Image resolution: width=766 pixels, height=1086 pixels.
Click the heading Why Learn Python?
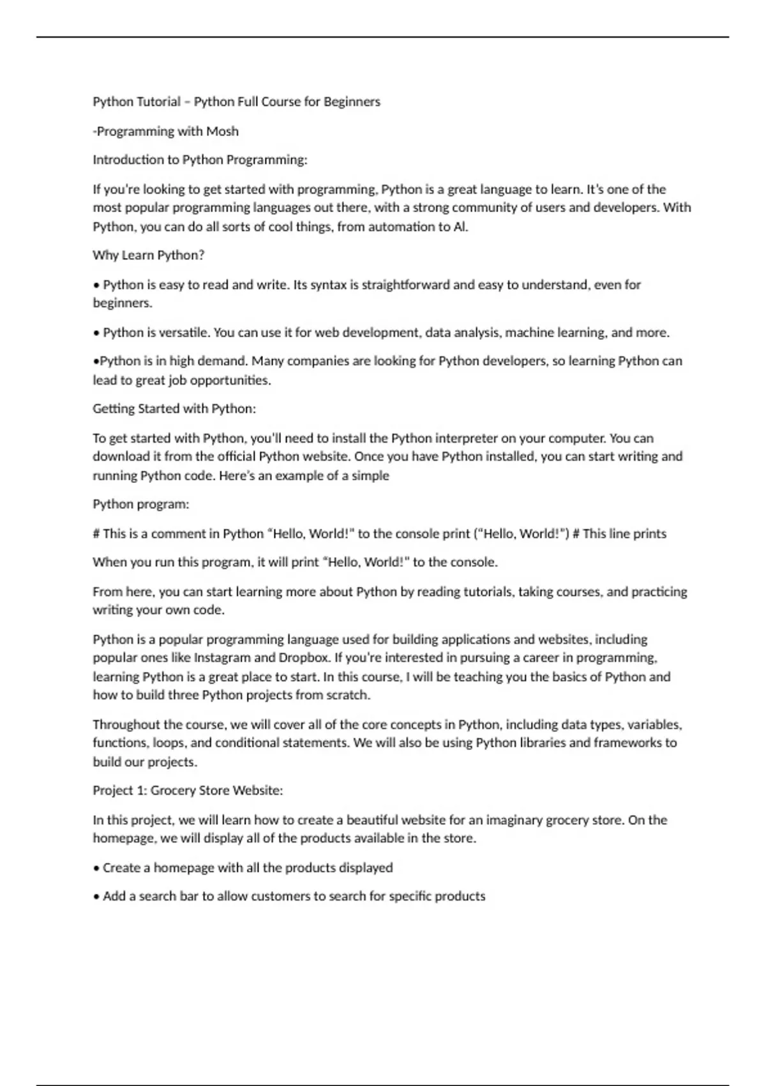point(149,255)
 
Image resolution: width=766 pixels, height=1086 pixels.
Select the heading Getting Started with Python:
point(174,408)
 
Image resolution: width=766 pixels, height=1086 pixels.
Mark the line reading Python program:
point(141,504)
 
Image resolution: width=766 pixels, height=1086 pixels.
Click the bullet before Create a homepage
point(96,868)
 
